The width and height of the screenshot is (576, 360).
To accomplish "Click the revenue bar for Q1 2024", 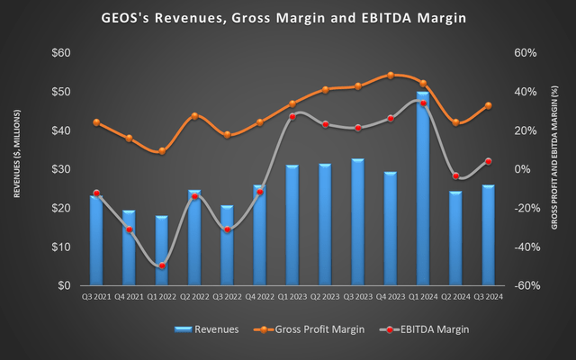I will tap(422, 189).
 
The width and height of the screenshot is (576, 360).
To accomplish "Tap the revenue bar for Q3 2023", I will tap(357, 222).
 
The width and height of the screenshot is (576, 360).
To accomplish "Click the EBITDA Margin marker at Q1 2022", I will tap(162, 265).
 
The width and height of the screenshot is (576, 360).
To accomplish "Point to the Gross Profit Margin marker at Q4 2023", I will tap(390, 76).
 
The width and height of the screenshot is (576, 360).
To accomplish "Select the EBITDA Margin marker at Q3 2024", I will tap(488, 161).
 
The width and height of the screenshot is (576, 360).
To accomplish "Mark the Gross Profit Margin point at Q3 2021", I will tap(96, 122).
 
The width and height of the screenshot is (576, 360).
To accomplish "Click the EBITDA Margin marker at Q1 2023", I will tap(292, 117).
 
